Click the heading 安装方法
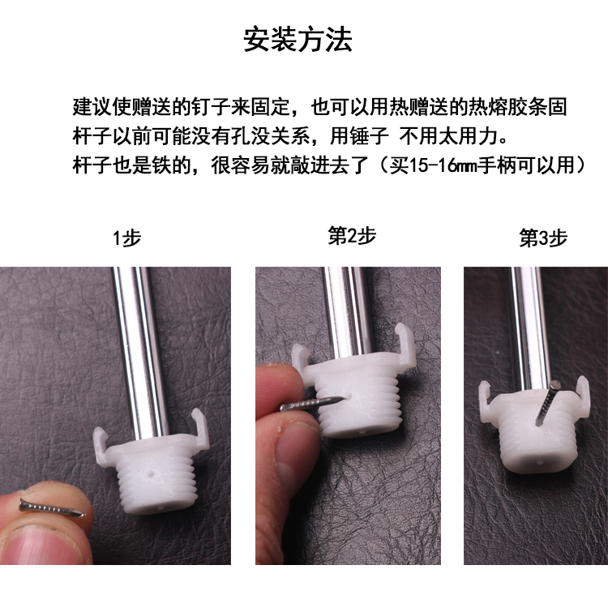(x=298, y=39)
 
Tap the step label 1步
(x=126, y=238)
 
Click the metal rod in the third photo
(x=529, y=324)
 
